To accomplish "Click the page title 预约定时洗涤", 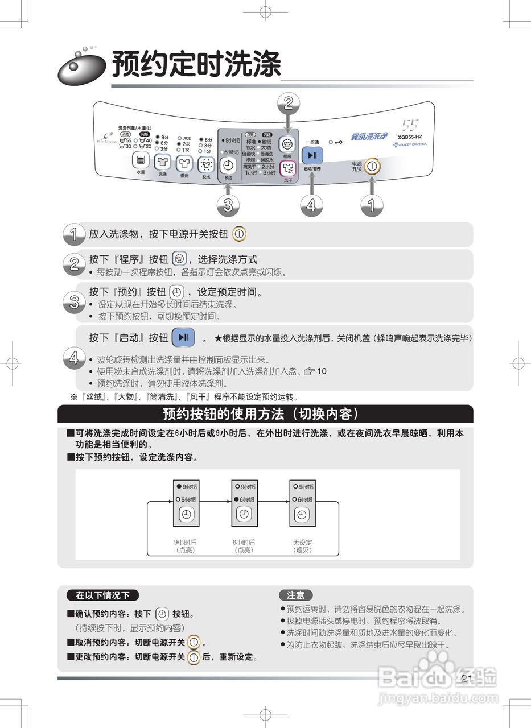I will coord(196,64).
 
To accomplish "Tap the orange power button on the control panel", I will coord(372,167).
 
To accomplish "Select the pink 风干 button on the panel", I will coord(288,168).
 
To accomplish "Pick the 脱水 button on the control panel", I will coord(205,165).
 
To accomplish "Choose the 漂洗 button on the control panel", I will coord(184,164).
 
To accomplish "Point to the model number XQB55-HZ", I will coord(410,136).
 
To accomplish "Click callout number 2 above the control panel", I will coord(288,103).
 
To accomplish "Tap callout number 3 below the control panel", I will coord(228,205).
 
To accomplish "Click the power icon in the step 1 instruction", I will coord(239,234).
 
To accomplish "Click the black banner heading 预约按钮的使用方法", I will coord(265,413).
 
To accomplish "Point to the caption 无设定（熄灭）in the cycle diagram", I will coord(303,547).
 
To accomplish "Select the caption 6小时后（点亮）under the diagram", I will coord(244,547).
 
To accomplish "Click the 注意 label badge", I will coord(296,595).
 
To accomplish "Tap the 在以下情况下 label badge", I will coord(102,595).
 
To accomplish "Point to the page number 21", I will coord(467,679).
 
